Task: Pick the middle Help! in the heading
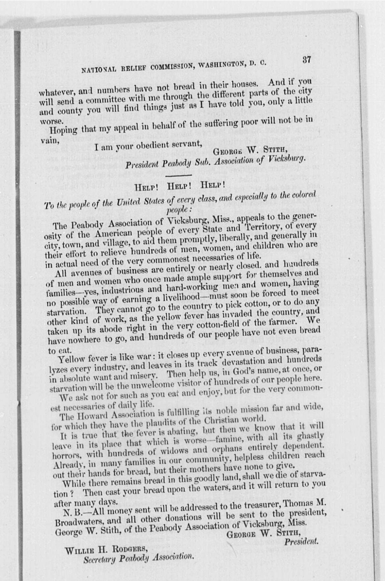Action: pyautogui.click(x=179, y=186)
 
